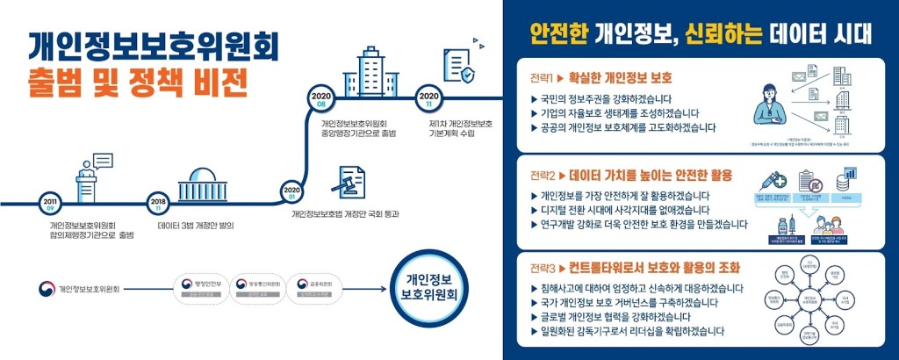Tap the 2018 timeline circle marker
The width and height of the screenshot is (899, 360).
coord(159,204)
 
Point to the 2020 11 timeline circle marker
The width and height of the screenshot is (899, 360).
coord(429,98)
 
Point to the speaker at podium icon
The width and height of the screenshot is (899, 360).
coord(90,178)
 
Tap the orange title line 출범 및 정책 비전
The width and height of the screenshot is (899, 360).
coord(139,81)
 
